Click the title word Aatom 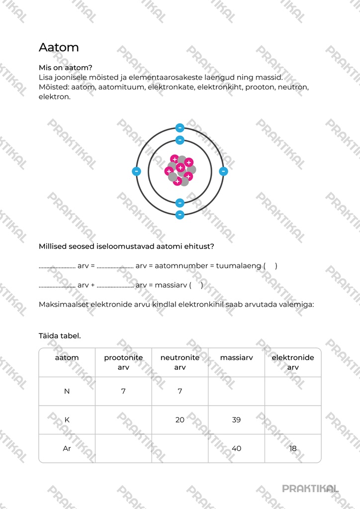tap(59, 48)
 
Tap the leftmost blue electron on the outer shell tap(136, 171)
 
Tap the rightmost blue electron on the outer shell tap(223, 171)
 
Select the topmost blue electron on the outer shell tap(180, 128)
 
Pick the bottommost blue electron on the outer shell tap(180, 215)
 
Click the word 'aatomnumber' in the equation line tap(181, 266)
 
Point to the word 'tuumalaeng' tap(238, 266)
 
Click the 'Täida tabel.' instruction tap(60, 336)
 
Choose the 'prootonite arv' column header tap(123, 362)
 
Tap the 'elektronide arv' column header tap(293, 362)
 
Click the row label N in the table tap(67, 391)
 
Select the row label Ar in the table tap(67, 448)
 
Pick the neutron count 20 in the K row tap(180, 420)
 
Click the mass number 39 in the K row tap(236, 420)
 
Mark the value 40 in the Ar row tap(236, 448)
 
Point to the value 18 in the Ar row tap(293, 448)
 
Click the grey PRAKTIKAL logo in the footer tap(310, 488)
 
